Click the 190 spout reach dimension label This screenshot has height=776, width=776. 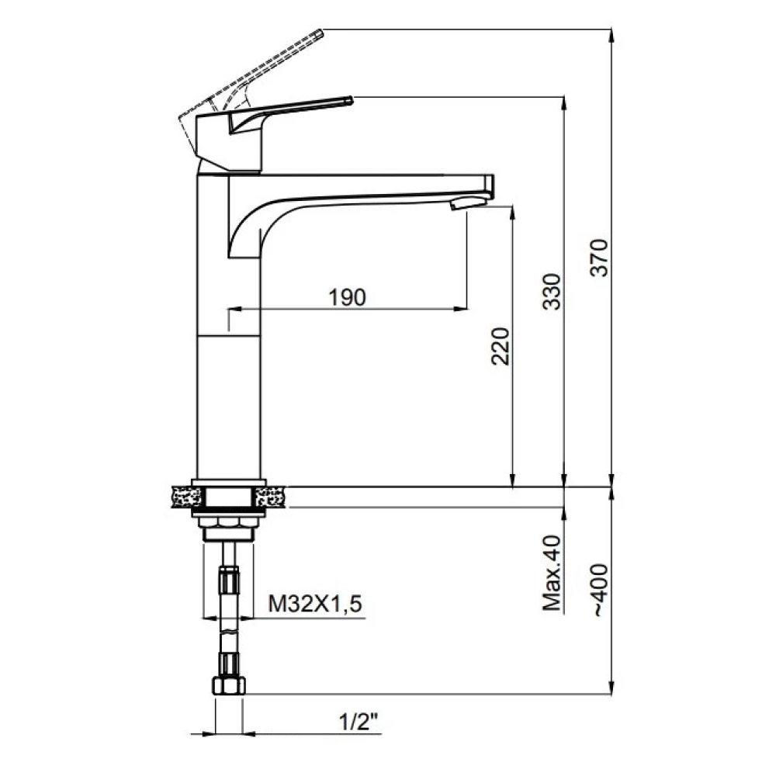(348, 297)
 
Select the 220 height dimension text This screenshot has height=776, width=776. (500, 346)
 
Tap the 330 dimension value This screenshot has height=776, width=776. (553, 292)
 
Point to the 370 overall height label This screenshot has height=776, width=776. (600, 258)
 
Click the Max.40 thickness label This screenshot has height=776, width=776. (553, 573)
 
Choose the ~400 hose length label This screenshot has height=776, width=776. (600, 590)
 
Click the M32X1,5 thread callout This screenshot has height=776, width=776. (315, 604)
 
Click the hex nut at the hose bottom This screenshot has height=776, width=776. (229, 687)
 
